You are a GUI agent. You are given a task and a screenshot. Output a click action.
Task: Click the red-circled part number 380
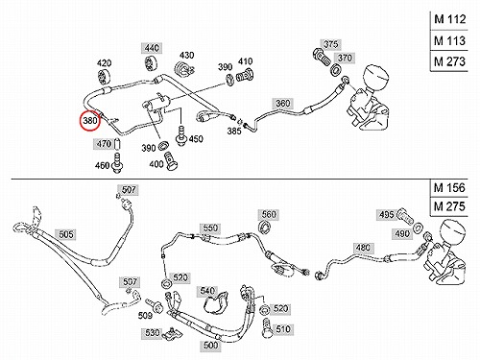click(x=90, y=121)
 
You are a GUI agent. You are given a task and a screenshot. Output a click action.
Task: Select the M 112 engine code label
click(x=449, y=19)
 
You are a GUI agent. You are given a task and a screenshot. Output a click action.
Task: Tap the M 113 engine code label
click(x=449, y=40)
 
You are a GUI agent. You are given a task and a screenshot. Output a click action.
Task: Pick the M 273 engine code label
click(x=449, y=61)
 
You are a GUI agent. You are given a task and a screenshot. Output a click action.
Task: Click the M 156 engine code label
click(x=449, y=187)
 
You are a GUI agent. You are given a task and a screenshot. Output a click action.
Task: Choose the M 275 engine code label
click(x=449, y=206)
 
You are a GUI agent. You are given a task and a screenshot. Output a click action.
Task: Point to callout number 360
click(x=282, y=103)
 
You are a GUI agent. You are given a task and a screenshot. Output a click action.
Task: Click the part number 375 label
click(x=330, y=44)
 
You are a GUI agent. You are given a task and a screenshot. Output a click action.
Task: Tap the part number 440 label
click(x=152, y=48)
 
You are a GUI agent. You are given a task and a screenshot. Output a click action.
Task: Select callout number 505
click(x=65, y=234)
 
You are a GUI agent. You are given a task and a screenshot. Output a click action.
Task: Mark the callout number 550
click(x=210, y=228)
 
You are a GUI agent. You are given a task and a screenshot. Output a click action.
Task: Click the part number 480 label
click(x=363, y=248)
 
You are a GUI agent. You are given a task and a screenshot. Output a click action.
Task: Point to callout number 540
click(x=206, y=291)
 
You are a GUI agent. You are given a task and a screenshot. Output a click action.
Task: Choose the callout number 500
click(x=210, y=346)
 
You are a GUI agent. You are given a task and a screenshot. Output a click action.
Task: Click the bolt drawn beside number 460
click(x=117, y=163)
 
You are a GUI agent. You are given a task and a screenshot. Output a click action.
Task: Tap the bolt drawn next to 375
click(x=321, y=58)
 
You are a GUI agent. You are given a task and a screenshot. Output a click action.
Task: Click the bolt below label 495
click(x=406, y=216)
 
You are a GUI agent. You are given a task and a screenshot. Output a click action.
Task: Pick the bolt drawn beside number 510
click(x=267, y=328)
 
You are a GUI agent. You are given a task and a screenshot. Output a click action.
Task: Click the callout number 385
click(x=234, y=131)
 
